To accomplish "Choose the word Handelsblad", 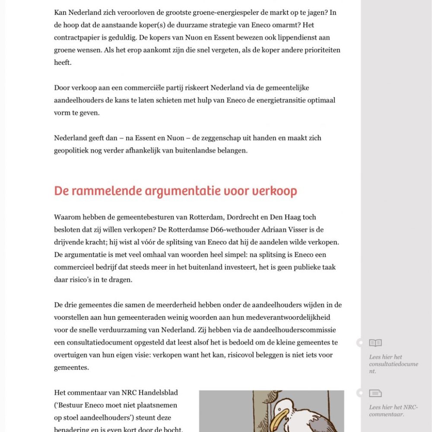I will click(156, 393).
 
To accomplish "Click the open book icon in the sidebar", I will click(375, 343).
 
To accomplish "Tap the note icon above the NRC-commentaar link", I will click(375, 394).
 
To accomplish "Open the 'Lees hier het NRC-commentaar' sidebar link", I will click(393, 411).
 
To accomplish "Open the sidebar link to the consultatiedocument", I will click(393, 364).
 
